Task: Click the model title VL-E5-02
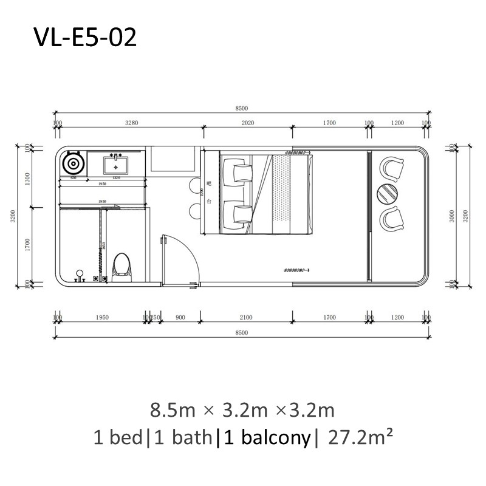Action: (x=85, y=38)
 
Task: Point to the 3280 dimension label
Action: (x=132, y=123)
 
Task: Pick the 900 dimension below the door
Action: (x=180, y=317)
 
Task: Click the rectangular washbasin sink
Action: (x=115, y=164)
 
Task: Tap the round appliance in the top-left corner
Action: (x=73, y=164)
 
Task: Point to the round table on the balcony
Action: (x=387, y=193)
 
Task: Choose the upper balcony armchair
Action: (x=392, y=168)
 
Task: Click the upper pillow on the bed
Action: (x=237, y=170)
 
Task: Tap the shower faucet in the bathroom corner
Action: (x=78, y=276)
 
